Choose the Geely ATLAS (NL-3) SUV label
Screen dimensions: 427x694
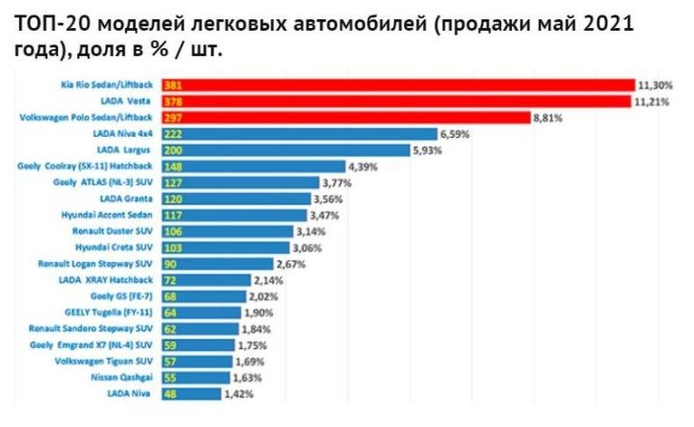[104, 182]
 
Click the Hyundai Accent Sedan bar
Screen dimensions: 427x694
[235, 215]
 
